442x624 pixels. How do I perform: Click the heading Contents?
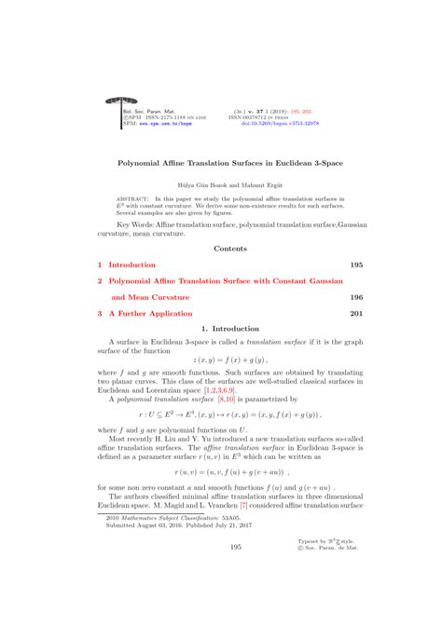(229, 249)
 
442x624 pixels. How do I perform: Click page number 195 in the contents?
(355, 265)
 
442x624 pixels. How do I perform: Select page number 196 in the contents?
(355, 297)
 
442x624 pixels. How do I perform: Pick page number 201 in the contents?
(355, 314)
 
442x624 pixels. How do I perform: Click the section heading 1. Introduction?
(229, 329)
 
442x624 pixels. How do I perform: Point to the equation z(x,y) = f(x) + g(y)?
(229, 359)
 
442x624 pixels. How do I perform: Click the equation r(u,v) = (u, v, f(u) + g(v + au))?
(229, 472)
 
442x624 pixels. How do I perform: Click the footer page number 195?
(229, 549)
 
